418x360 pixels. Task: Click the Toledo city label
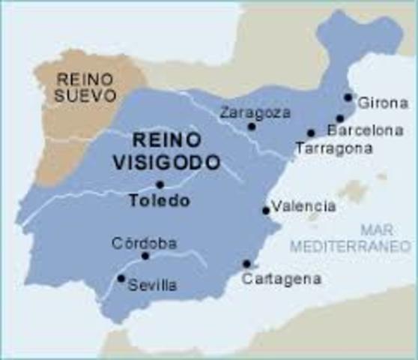[x=159, y=201]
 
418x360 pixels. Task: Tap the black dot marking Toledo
[x=160, y=184]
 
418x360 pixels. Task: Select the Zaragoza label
[x=248, y=112]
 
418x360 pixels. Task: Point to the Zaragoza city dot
[x=252, y=126]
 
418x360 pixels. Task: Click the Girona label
[x=383, y=103]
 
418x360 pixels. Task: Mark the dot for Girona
[x=348, y=97]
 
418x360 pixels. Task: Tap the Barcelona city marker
[x=339, y=118]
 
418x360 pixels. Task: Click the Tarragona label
[x=333, y=148]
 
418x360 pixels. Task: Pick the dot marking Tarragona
[x=311, y=133]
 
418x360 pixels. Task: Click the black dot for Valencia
[x=265, y=211]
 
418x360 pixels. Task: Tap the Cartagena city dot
[x=246, y=263]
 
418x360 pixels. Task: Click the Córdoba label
[x=144, y=244]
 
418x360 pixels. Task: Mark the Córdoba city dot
[x=145, y=256]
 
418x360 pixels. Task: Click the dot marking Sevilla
[x=121, y=278]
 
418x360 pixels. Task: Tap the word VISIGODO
[x=166, y=160]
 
